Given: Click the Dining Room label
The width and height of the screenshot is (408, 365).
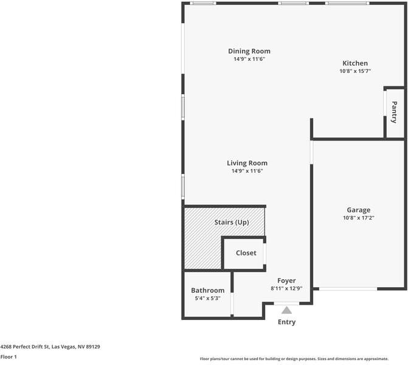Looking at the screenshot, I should (x=249, y=51).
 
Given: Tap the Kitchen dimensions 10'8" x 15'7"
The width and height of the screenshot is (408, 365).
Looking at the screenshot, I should (x=355, y=71).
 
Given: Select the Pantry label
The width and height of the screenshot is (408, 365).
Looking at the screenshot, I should (x=395, y=111).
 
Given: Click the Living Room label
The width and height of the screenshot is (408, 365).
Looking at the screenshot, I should (x=247, y=163).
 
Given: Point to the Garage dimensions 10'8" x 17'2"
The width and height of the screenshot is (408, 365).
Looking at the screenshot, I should (x=358, y=218).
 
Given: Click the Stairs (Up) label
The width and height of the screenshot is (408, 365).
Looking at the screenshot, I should (x=232, y=223).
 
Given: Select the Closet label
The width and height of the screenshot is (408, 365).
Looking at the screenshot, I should (x=246, y=253).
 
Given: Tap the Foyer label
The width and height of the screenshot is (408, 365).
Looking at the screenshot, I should (x=286, y=280).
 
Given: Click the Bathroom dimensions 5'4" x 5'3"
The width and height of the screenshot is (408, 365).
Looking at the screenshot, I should (x=207, y=299).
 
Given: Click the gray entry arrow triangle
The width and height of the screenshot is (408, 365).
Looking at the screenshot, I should (x=286, y=310).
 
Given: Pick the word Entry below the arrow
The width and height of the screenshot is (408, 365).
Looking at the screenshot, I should (x=286, y=322).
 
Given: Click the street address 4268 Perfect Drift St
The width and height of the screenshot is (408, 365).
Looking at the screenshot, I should (x=50, y=347).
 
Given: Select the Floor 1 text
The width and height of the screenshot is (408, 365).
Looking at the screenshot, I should (x=9, y=357).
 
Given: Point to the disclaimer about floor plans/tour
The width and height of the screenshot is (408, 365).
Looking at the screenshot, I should (x=302, y=358).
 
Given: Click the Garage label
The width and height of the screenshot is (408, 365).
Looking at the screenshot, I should (x=358, y=210).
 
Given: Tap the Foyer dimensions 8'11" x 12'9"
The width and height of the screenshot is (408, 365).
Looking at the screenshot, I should (x=286, y=288).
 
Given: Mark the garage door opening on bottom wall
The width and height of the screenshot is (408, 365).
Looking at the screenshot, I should (x=348, y=288).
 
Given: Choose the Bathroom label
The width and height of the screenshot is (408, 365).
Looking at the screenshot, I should (x=207, y=291).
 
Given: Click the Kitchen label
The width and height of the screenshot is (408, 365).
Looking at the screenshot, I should (x=355, y=63).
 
